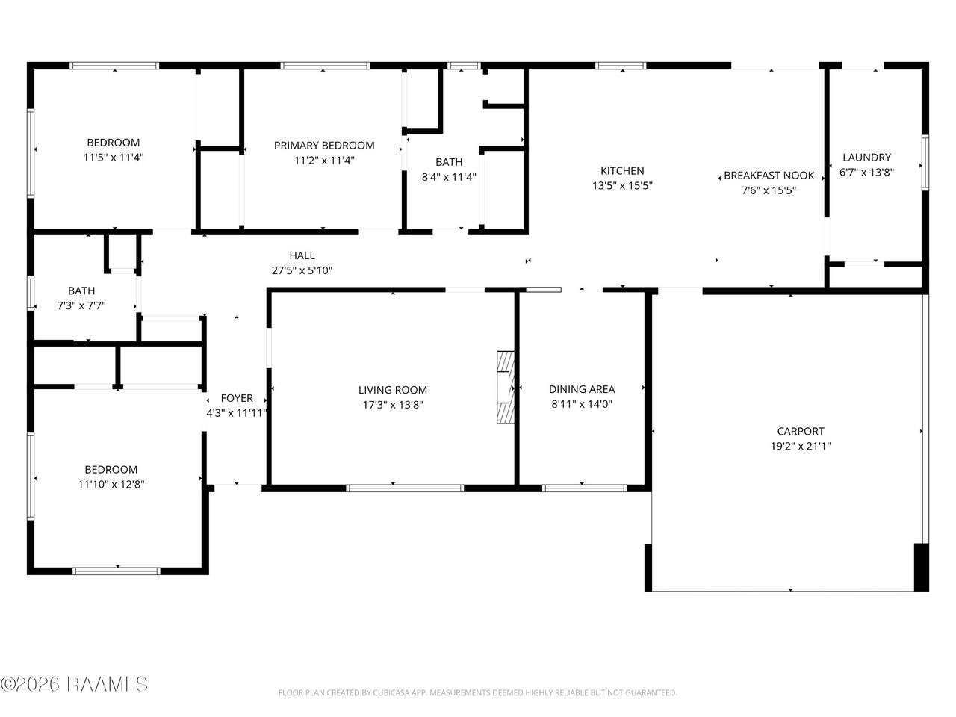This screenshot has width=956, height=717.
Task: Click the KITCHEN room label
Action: (622, 170)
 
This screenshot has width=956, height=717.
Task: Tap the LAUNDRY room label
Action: (866, 157)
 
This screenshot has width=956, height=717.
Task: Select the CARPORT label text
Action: (801, 431)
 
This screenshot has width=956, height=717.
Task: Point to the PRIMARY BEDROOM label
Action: (324, 146)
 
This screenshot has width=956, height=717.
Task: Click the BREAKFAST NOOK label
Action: (769, 176)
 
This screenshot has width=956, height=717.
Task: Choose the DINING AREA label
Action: (582, 389)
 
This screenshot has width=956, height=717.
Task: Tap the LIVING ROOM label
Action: (393, 390)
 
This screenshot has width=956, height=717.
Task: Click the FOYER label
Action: (237, 398)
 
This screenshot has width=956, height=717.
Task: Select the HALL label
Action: (302, 255)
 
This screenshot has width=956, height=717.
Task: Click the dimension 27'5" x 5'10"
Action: (302, 270)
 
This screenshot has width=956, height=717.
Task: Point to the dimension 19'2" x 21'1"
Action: (801, 446)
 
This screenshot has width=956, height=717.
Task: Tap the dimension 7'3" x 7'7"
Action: (81, 305)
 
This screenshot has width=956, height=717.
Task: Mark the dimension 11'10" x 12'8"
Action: (111, 484)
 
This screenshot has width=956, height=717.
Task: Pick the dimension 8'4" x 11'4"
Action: (449, 177)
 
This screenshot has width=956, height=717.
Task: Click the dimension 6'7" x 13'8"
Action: (866, 172)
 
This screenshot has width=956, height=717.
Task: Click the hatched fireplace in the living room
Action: (506, 387)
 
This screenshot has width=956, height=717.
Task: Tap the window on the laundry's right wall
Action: (925, 162)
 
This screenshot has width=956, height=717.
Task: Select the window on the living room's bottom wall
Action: (405, 488)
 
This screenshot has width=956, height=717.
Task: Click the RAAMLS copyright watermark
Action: (74, 684)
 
